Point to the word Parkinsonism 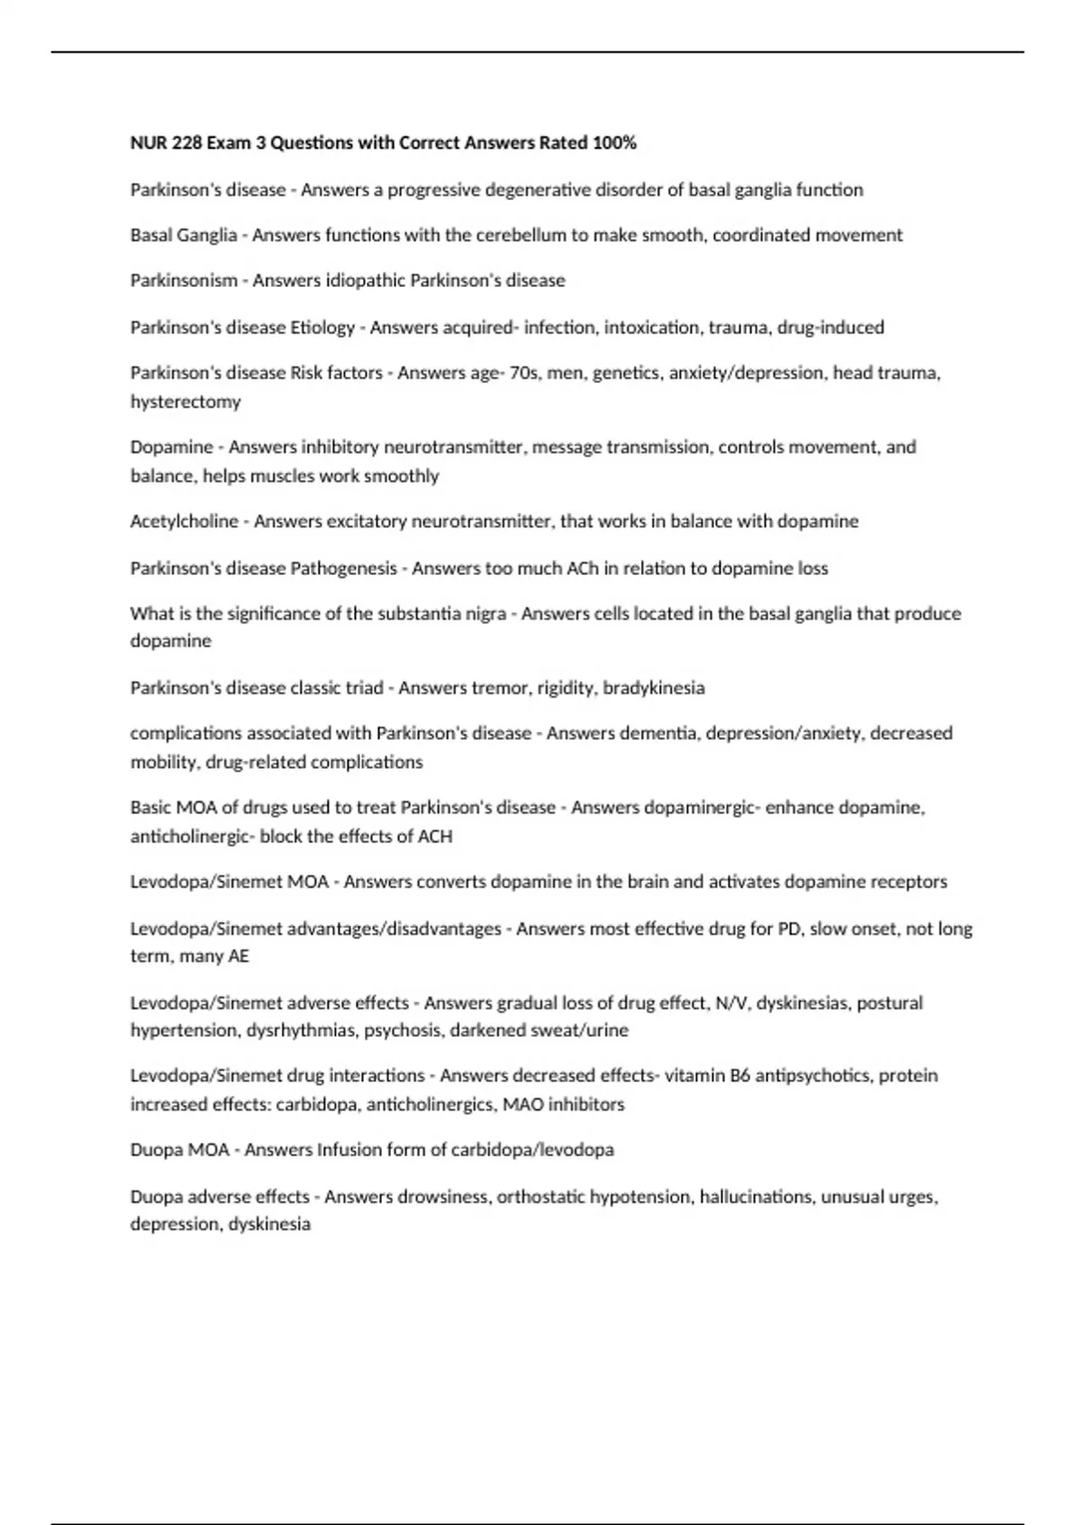[x=184, y=281]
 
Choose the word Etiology [x=323, y=327]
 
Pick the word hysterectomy [x=186, y=402]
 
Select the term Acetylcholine [x=184, y=521]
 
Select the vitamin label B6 [x=739, y=1075]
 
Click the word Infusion [x=349, y=1149]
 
